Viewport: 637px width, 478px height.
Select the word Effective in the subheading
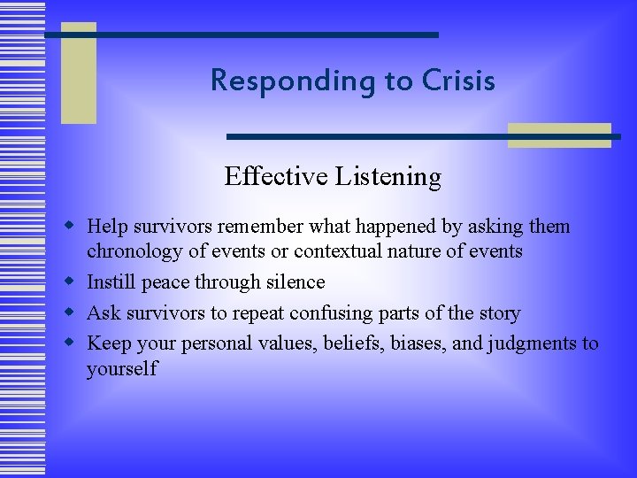275,177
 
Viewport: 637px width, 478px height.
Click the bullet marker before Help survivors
73,225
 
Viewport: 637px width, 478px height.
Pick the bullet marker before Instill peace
73,281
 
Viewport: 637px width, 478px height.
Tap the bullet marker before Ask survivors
73,312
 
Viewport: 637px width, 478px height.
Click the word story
498,312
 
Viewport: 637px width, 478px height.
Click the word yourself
121,369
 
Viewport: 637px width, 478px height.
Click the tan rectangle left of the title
79,73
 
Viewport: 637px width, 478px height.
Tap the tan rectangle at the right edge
559,135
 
